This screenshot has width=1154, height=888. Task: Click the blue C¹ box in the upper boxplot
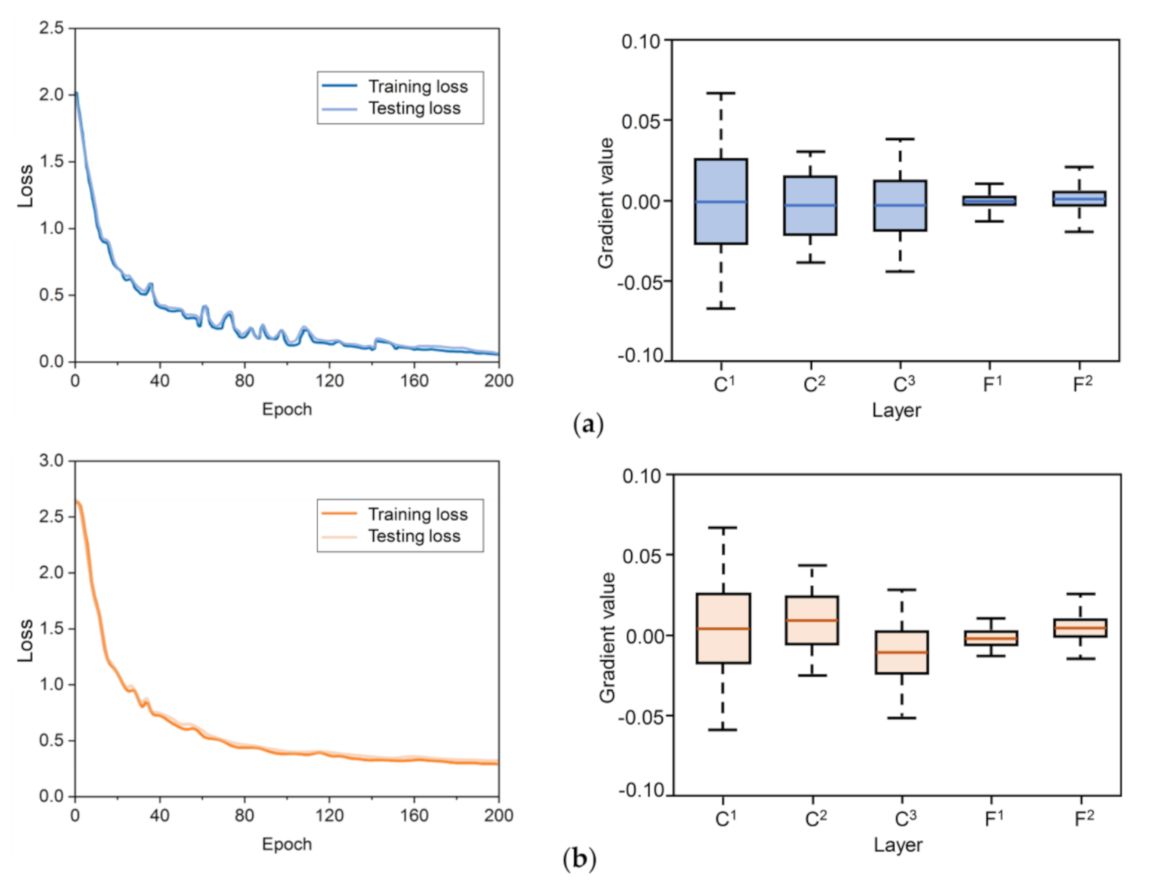click(x=720, y=201)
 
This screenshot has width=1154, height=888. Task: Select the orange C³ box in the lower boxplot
click(x=901, y=652)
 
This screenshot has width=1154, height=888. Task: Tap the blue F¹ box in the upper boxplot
click(x=989, y=201)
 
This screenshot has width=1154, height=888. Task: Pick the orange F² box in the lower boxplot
click(x=1080, y=628)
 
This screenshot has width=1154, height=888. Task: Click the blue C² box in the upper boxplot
click(x=810, y=205)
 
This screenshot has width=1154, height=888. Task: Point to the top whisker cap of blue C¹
click(x=720, y=93)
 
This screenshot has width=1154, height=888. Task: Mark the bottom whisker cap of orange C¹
click(x=722, y=729)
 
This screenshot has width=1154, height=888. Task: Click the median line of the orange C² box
click(x=812, y=620)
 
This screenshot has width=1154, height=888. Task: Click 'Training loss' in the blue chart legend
click(x=418, y=86)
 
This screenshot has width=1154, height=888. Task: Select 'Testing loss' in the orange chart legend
click(x=414, y=536)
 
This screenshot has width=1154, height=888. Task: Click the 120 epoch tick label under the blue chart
click(x=329, y=380)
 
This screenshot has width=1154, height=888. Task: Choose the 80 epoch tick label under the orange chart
click(x=244, y=815)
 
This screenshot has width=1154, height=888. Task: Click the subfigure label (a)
click(x=588, y=425)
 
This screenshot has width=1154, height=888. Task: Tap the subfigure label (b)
click(x=579, y=858)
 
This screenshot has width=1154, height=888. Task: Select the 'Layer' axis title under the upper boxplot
click(x=896, y=411)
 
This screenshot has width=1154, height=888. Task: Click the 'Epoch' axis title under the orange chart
click(x=287, y=844)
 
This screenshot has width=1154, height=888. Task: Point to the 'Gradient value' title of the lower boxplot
click(x=607, y=637)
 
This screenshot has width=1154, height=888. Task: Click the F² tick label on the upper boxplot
click(x=1082, y=384)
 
